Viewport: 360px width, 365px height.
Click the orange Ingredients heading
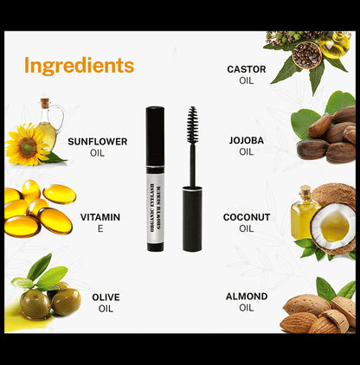point(79,66)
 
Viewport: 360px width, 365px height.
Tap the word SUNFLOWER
point(97,141)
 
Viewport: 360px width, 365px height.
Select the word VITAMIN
point(100,217)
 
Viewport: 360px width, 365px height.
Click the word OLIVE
point(106,297)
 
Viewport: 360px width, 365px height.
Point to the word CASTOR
point(246,69)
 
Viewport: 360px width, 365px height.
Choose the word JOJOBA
point(246,139)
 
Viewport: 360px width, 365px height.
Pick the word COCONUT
point(247,217)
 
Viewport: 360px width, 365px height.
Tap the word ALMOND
point(247,296)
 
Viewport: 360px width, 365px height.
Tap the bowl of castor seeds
point(305,54)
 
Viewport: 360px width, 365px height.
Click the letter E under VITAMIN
point(100,229)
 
